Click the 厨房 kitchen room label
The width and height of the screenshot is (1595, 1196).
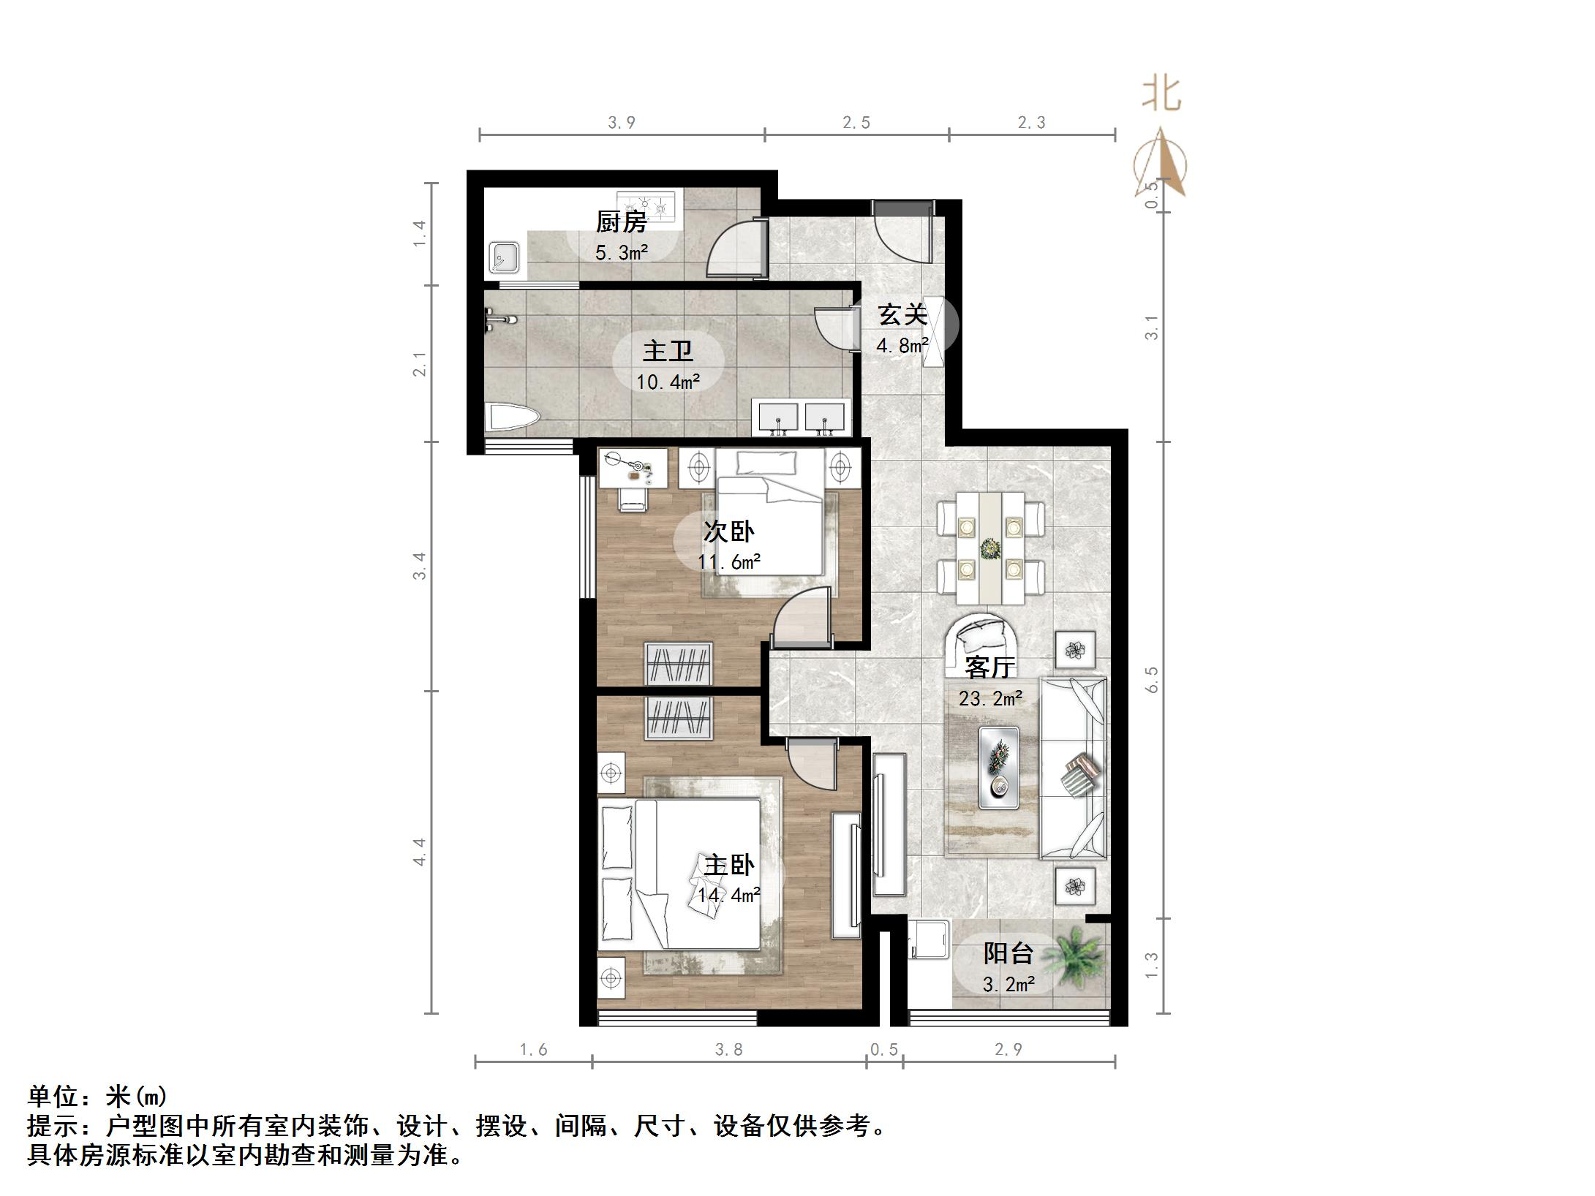[x=621, y=222]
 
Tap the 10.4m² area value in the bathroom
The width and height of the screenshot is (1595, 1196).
[x=668, y=382]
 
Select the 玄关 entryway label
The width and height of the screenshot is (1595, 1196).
[x=902, y=315]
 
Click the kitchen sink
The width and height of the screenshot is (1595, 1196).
[x=505, y=257]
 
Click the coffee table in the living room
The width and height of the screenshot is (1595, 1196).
[x=998, y=767]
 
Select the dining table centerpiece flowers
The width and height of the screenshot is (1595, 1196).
[x=991, y=548]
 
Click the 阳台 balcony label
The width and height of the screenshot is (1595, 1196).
[x=1008, y=953]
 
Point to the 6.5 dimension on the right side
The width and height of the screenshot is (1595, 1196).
[x=1153, y=679]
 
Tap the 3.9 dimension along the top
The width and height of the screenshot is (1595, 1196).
[x=622, y=123]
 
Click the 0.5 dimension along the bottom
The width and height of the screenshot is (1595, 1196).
[x=883, y=1050]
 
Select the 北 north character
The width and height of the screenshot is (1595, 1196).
[x=1162, y=96]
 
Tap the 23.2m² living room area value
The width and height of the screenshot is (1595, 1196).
[x=990, y=699]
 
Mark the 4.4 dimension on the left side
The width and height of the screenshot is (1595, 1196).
[x=419, y=852]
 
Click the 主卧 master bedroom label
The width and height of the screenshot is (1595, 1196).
[x=729, y=865]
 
